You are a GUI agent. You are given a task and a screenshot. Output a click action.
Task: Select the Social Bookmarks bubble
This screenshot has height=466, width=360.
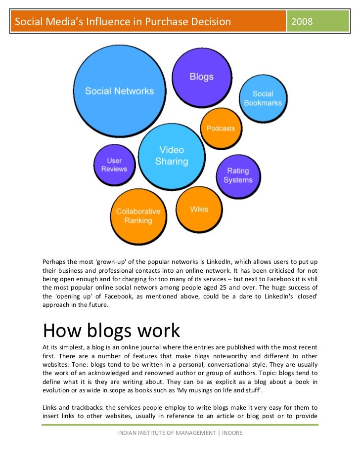coord(263,98)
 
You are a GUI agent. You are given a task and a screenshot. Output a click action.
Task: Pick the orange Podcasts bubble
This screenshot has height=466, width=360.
coord(221,128)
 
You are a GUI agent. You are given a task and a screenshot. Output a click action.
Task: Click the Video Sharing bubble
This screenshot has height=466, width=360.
coord(172,156)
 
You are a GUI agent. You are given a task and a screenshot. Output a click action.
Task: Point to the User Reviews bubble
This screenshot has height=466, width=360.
coord(114,165)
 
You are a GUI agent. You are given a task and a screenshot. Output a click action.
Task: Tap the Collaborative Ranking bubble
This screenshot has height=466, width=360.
coord(138,216)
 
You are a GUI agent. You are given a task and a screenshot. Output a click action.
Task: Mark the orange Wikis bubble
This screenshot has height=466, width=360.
coord(199,210)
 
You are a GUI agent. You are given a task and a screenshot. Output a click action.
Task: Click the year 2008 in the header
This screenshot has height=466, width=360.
coord(302,22)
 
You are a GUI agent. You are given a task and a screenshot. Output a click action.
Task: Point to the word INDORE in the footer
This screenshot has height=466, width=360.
coord(232,433)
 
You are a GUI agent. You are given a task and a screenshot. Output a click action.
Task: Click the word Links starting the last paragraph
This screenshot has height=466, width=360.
coord(50,408)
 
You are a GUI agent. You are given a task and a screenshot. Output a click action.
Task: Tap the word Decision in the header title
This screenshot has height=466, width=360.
coord(209,22)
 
